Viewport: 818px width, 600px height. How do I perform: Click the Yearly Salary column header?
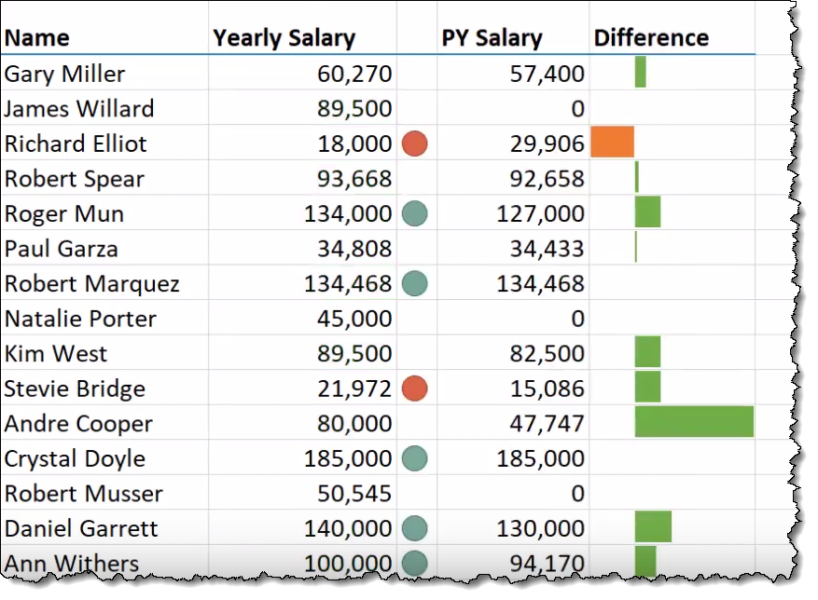(284, 38)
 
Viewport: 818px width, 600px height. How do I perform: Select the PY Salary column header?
(492, 38)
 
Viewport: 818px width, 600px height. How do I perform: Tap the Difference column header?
(651, 38)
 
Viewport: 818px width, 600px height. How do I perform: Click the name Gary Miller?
(64, 74)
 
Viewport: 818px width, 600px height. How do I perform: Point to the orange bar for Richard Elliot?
(612, 142)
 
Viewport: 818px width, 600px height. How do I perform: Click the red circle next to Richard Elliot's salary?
(414, 143)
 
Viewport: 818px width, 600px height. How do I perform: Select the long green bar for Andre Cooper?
(694, 422)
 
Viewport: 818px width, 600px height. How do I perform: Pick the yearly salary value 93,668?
(348, 179)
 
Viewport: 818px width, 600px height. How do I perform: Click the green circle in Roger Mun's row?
(414, 213)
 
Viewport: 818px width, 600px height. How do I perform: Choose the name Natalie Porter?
(80, 319)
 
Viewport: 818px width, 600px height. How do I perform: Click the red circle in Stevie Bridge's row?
(414, 389)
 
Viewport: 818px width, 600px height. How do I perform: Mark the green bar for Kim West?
(647, 352)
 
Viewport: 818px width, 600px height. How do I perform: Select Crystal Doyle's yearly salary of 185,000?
(348, 458)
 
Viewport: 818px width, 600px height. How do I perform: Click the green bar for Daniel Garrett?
(653, 527)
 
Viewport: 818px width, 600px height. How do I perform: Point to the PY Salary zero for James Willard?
(577, 109)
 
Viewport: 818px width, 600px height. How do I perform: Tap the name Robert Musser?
(83, 494)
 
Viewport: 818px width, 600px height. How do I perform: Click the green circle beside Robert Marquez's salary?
(414, 283)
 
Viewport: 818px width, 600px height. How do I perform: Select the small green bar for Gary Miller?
(640, 72)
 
